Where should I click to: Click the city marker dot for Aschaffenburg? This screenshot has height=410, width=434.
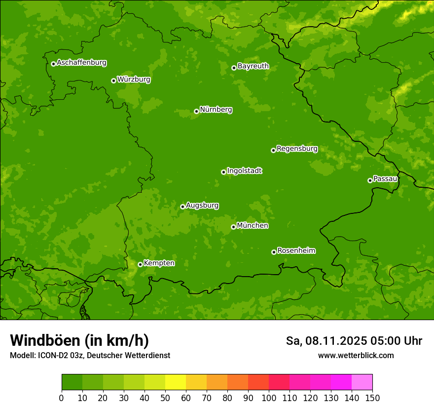click(53, 64)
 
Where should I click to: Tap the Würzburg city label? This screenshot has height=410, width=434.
click(134, 80)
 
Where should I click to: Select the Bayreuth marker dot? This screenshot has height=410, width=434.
click(234, 68)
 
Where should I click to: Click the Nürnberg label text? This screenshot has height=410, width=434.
click(216, 110)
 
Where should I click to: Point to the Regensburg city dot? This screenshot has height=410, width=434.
click(273, 150)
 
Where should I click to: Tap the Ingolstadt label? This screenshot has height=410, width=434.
click(244, 171)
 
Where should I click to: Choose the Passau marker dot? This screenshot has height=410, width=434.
click(370, 180)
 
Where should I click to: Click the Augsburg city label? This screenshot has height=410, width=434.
click(202, 205)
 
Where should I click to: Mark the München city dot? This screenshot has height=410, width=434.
click(233, 227)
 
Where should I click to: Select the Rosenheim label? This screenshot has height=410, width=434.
click(296, 250)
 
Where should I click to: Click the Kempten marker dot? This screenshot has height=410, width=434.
click(140, 264)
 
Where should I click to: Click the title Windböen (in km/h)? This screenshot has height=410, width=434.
click(79, 340)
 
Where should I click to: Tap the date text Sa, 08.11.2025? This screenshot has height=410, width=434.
click(326, 341)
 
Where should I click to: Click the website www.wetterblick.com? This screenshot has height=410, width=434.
click(356, 355)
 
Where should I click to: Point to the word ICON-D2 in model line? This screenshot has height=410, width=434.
click(50, 355)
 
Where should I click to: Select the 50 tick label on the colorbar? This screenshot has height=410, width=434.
click(165, 398)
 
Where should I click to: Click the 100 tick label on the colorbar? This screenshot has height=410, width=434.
click(269, 398)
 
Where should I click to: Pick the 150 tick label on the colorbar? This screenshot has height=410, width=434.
click(372, 398)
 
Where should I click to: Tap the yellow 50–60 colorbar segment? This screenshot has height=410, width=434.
click(176, 382)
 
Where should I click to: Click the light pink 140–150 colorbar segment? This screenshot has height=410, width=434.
click(362, 382)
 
